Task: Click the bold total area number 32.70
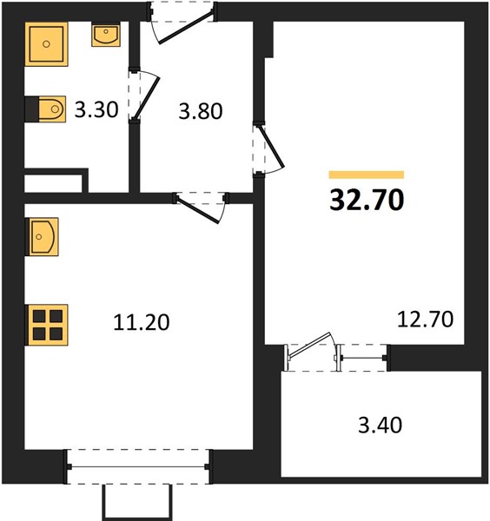click(367, 200)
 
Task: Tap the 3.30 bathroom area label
click(96, 109)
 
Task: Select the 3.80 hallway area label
click(201, 111)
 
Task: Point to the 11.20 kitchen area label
click(142, 322)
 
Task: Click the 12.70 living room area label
click(425, 320)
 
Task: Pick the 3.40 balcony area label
click(380, 425)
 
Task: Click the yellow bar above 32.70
click(367, 175)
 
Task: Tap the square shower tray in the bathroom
click(47, 44)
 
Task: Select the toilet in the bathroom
click(46, 109)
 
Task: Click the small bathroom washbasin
click(106, 35)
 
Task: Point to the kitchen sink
click(42, 236)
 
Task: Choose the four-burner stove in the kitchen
click(47, 325)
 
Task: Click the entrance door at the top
click(182, 23)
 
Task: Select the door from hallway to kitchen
click(202, 207)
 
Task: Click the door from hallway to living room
click(268, 148)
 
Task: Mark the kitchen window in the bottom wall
click(138, 467)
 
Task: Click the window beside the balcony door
click(363, 358)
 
